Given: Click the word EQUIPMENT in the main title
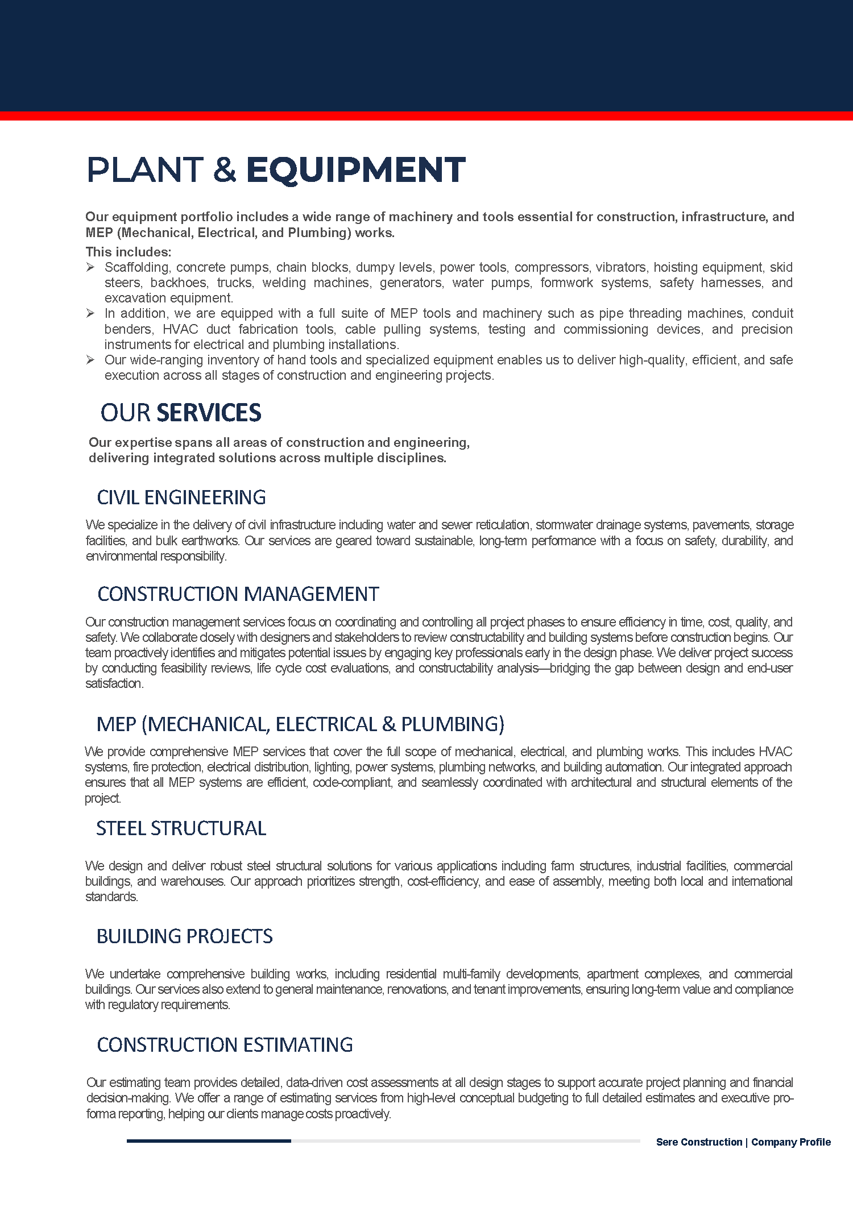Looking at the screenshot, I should tap(355, 170).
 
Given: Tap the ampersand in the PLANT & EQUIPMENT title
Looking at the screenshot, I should tap(225, 170).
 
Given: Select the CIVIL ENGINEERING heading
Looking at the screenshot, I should tap(181, 497).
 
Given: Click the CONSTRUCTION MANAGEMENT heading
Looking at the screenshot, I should tap(238, 594).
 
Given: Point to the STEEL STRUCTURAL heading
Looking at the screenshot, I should tap(181, 828).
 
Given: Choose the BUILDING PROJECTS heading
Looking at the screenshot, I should tap(184, 936).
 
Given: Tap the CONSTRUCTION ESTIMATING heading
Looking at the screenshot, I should tap(225, 1045).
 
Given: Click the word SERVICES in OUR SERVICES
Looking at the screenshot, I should tap(209, 413).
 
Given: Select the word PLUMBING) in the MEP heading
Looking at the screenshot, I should tap(453, 724).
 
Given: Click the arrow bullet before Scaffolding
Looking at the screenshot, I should tap(90, 267).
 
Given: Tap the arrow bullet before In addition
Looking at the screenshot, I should tap(90, 313).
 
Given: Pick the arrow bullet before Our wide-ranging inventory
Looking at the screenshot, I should tap(90, 360).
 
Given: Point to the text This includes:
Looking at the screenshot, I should tap(128, 252).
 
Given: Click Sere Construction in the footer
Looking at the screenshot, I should tap(699, 1142).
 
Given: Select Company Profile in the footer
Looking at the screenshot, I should tap(791, 1142).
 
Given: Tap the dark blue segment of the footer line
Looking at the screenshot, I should tap(209, 1140).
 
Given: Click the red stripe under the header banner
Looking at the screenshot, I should tap(426, 116).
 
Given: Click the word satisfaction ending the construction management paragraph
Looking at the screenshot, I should tap(114, 683).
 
